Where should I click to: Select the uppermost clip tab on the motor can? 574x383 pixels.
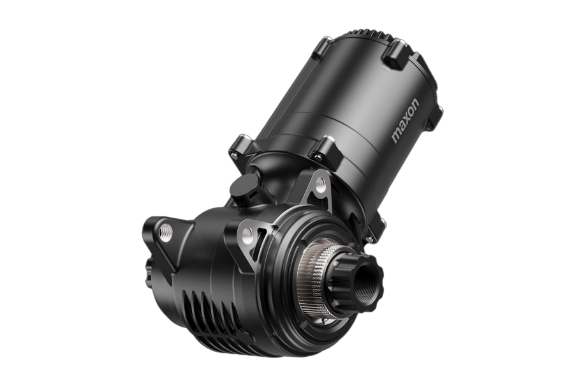pyautogui.click(x=397, y=49)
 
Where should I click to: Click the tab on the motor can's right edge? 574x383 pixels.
pyautogui.click(x=435, y=117)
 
